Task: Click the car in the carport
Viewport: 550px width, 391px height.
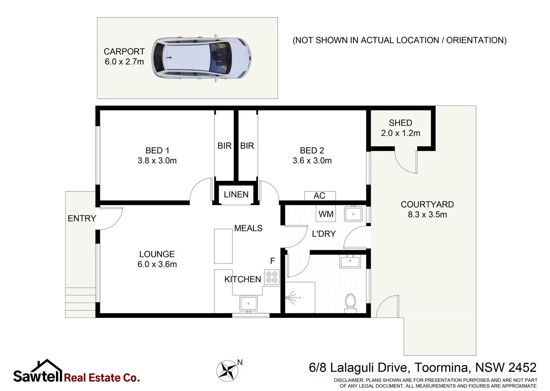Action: [201, 58]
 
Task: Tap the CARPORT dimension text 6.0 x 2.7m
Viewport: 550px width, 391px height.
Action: [124, 62]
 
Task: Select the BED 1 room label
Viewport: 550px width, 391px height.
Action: [157, 150]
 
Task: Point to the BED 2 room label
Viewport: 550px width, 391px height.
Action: [312, 150]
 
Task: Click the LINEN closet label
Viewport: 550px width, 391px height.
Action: [236, 194]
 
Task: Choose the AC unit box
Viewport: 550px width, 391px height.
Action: [320, 195]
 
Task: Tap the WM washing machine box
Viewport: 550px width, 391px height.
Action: [326, 214]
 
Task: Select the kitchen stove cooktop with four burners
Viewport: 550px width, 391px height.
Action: [272, 277]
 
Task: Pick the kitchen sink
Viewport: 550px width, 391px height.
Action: [248, 303]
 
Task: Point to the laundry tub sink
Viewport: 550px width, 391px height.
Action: [353, 214]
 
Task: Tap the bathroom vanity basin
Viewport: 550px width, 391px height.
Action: [350, 261]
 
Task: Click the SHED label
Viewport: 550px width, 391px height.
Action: [400, 123]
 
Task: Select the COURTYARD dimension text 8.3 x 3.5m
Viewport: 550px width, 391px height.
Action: [427, 215]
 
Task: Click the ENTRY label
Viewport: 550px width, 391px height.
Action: [82, 218]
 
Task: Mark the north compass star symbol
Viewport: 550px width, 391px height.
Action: [227, 371]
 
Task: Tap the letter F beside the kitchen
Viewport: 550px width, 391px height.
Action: [273, 261]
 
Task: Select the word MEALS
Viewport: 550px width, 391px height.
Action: [248, 228]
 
